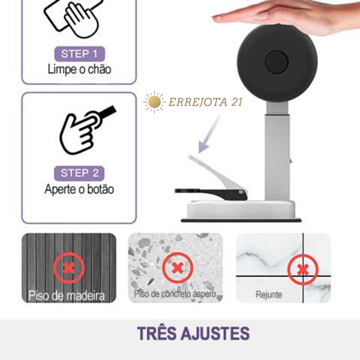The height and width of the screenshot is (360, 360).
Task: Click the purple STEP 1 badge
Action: tap(79, 54)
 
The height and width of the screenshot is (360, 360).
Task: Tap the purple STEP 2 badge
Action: tap(79, 173)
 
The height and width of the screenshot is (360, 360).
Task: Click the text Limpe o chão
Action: tap(79, 69)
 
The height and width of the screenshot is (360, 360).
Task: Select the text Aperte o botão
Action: tap(79, 189)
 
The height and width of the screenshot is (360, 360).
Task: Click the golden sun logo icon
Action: tap(154, 102)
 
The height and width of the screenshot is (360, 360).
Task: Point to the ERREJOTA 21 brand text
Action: tap(205, 102)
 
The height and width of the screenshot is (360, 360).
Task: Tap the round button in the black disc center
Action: tap(277, 62)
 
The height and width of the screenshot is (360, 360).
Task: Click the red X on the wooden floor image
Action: tap(69, 268)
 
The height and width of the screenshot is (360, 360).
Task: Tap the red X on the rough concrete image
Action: tap(177, 267)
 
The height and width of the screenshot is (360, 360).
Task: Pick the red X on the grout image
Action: tap(303, 269)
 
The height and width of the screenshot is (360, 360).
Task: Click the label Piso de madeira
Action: tap(67, 295)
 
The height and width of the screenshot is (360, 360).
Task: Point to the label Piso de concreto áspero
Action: tap(175, 294)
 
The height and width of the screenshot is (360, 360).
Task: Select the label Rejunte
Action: tap(269, 295)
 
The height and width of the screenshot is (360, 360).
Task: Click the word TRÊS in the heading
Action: tap(157, 333)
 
